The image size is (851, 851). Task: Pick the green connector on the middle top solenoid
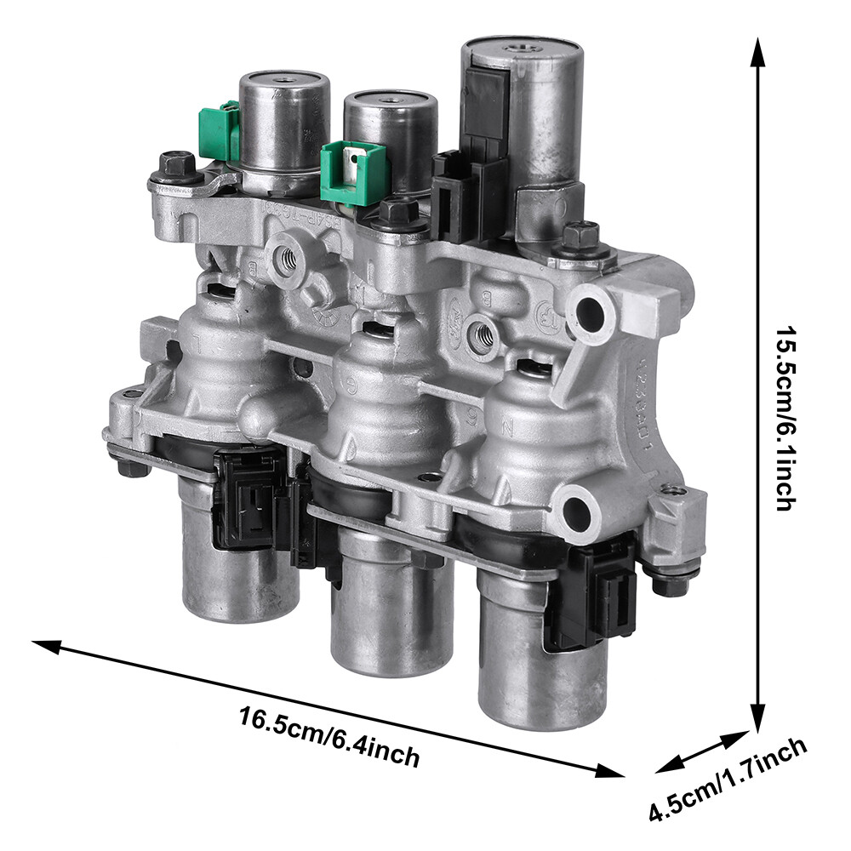(344, 171)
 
